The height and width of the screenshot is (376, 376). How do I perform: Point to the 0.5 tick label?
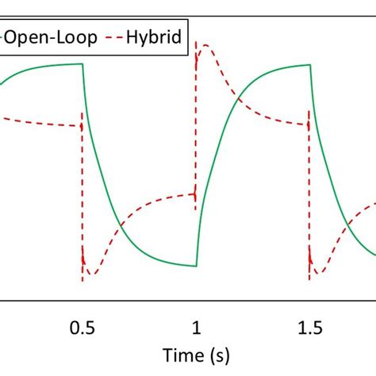pyautogui.click(x=82, y=329)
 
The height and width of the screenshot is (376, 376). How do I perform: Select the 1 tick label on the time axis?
pyautogui.click(x=197, y=329)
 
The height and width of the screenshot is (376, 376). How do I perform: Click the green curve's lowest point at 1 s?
pyautogui.click(x=196, y=267)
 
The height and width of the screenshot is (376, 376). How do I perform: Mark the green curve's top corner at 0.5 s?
pyautogui.click(x=83, y=64)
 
